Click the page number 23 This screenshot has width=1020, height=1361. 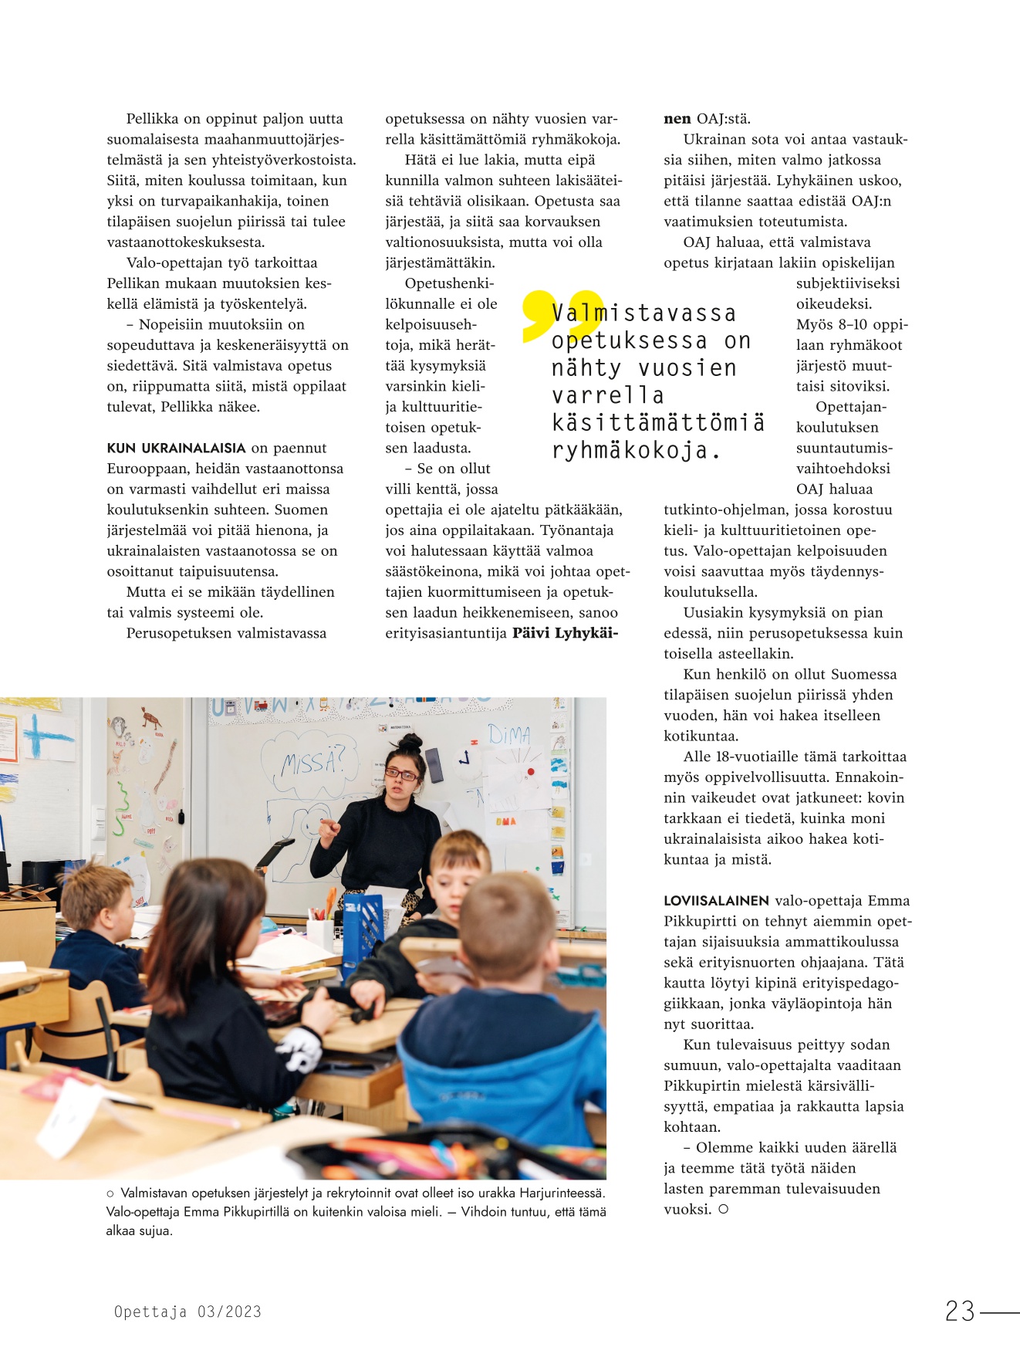[x=960, y=1311]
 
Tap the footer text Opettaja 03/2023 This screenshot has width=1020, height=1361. [x=187, y=1312]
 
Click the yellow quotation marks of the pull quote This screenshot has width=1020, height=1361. [x=551, y=315]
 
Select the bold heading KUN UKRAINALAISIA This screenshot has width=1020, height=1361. [x=176, y=448]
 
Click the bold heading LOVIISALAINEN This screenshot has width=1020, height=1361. [x=716, y=900]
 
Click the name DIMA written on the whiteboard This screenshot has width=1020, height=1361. [x=508, y=734]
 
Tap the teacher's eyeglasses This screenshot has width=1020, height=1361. [x=400, y=773]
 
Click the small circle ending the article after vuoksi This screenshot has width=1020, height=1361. [x=723, y=1210]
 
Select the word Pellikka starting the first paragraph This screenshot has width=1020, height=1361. [x=152, y=119]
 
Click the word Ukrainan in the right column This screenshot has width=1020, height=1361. [x=711, y=140]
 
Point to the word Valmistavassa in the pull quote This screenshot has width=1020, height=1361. [x=644, y=313]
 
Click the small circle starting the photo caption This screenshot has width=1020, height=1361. [x=110, y=1193]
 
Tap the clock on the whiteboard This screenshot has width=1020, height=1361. [x=464, y=758]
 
